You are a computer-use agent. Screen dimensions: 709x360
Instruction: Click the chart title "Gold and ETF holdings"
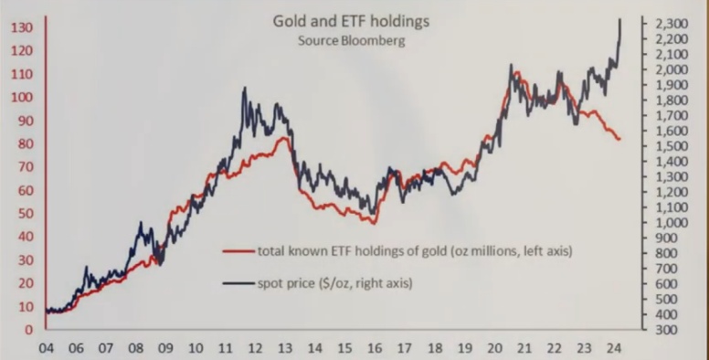point(351,22)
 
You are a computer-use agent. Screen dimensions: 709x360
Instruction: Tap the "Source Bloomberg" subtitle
point(352,41)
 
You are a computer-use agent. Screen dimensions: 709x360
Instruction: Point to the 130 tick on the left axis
point(22,28)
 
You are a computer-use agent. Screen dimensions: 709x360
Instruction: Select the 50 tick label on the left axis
point(23,214)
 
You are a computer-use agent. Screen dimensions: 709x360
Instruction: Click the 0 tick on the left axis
point(29,330)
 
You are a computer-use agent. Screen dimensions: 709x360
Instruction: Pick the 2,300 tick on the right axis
point(672,24)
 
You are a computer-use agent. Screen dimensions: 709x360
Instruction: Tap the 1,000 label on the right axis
point(672,223)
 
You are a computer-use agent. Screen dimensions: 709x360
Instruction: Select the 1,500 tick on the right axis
point(672,146)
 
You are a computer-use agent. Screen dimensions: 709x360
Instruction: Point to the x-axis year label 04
point(46,349)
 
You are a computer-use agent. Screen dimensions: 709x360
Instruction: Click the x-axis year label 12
point(255,349)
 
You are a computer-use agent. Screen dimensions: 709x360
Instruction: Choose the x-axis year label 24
point(614,349)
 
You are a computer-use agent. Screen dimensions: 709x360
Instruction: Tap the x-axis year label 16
point(375,349)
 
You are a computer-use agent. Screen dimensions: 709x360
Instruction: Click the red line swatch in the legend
point(238,251)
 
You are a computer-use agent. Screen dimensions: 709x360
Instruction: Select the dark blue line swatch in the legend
point(238,283)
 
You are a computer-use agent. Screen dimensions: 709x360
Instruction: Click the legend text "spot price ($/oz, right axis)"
point(335,283)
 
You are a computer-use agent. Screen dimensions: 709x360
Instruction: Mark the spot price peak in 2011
point(245,88)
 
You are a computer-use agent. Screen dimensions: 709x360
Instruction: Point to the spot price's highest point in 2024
point(619,19)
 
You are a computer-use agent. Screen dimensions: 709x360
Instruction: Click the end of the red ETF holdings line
point(619,139)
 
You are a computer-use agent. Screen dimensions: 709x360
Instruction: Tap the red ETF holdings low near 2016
point(374,224)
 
